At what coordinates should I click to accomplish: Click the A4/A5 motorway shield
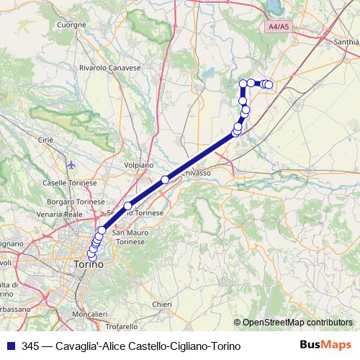(277, 26)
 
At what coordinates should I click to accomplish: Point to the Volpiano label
(138, 165)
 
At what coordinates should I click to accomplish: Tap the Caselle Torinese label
(70, 183)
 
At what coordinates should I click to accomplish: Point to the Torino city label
(88, 265)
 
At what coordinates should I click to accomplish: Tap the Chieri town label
(162, 305)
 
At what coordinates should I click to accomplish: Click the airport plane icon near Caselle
(71, 166)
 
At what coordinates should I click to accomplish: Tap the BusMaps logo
(325, 345)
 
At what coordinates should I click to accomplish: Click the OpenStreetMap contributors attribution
(297, 323)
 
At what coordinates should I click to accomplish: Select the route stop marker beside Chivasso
(165, 179)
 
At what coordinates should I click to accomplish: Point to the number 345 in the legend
(30, 346)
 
